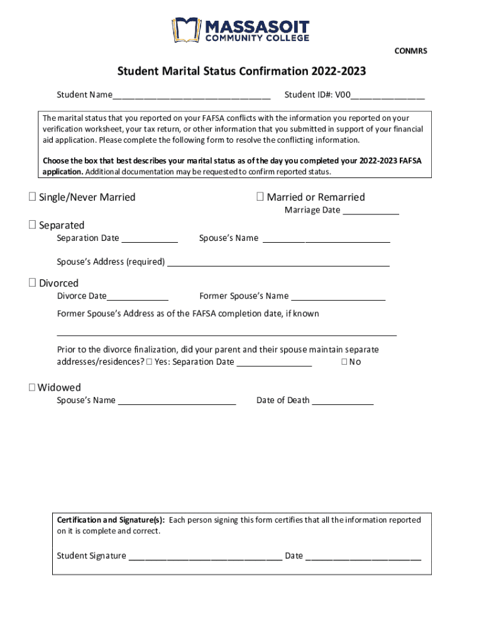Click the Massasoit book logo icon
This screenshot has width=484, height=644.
186,30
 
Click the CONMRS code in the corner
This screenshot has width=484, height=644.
410,51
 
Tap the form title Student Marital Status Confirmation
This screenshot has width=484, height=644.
241,72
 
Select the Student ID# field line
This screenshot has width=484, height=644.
388,96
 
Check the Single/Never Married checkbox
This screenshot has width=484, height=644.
32,197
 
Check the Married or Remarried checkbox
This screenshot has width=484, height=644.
260,197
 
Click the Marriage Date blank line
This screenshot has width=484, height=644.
370,211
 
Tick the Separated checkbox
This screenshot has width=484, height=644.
32,225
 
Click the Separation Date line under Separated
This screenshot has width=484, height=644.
150,239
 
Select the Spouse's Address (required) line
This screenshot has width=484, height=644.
278,263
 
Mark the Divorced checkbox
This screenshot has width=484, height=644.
32,283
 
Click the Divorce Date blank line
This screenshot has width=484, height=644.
137,297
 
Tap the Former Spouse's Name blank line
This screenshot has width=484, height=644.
338,297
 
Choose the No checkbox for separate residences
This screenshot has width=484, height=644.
344,362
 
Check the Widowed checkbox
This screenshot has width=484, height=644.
32,387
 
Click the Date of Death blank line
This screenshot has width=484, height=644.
343,401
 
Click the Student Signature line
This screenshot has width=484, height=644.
205,557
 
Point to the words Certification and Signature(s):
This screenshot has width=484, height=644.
111,520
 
